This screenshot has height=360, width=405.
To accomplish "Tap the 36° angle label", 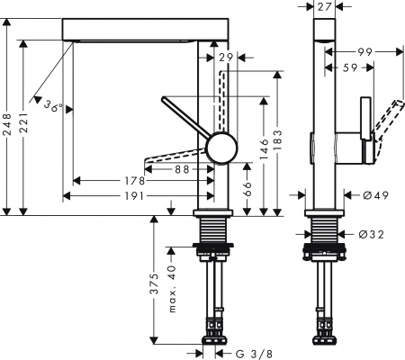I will (55, 107).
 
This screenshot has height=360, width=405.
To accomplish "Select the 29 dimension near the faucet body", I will (226, 58).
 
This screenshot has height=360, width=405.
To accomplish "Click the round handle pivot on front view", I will (219, 146).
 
